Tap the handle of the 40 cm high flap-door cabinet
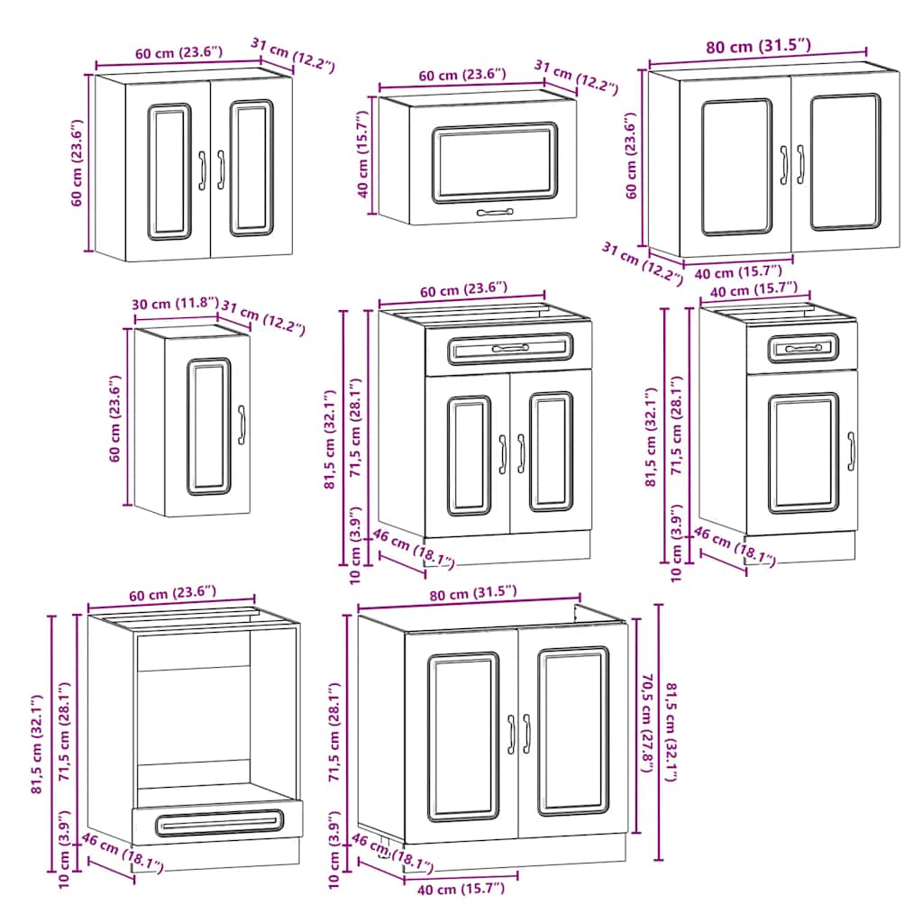pyautogui.click(x=494, y=213)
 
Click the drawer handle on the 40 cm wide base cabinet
pyautogui.click(x=802, y=348)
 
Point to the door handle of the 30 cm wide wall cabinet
pyautogui.click(x=242, y=425)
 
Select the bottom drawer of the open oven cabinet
pyautogui.click(x=217, y=821)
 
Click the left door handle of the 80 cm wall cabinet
pyautogui.click(x=784, y=163)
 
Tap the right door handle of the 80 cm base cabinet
pyautogui.click(x=526, y=734)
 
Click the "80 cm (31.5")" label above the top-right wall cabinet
pyautogui.click(x=756, y=45)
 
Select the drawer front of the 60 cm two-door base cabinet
pyautogui.click(x=509, y=348)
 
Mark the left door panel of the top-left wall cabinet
pyautogui.click(x=169, y=171)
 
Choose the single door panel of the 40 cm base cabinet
pyautogui.click(x=802, y=452)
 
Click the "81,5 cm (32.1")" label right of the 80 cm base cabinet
pyautogui.click(x=671, y=732)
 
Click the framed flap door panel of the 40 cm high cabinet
pyautogui.click(x=494, y=162)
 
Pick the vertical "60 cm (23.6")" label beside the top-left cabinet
pyautogui.click(x=78, y=162)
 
